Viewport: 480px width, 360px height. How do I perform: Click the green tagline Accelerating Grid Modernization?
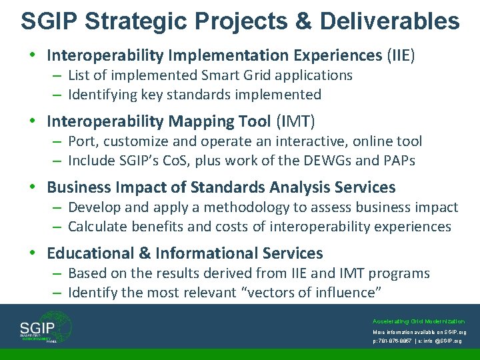[x=419, y=321]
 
